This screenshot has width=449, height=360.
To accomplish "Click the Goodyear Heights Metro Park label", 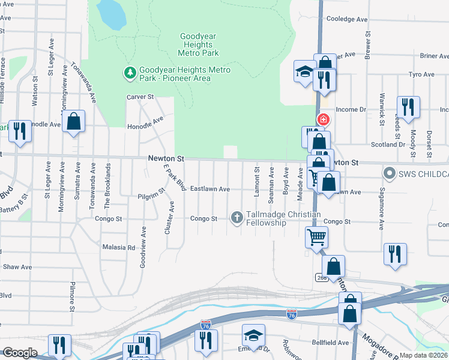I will tap(197, 44).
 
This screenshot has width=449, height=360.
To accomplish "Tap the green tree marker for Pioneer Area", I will tap(129, 73).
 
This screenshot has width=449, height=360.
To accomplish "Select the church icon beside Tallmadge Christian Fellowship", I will tap(237, 217).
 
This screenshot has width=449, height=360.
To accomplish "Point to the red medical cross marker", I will tap(323, 119).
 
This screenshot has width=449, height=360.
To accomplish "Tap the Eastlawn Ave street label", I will tap(210, 189).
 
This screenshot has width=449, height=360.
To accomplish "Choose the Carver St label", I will tap(140, 97).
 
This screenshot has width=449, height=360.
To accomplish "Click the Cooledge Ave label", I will tap(346, 19).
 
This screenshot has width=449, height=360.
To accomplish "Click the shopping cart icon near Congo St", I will tap(316, 236).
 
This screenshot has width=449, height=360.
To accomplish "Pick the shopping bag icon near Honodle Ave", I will tap(73, 121).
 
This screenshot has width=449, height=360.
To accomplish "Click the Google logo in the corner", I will tap(19, 353).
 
